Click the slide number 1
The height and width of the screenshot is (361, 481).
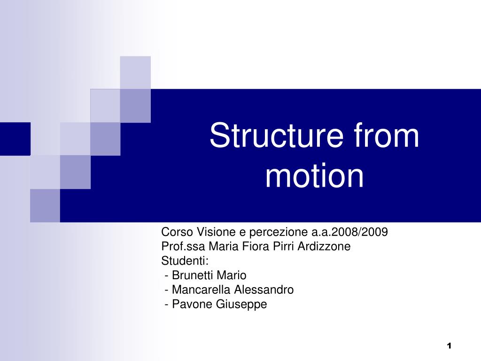449,346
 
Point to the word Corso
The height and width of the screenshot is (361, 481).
177,232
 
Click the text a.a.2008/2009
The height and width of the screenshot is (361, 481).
349,232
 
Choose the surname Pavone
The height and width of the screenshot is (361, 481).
192,304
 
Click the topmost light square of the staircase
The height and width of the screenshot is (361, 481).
135,72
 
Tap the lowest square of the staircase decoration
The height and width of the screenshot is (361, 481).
45,205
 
